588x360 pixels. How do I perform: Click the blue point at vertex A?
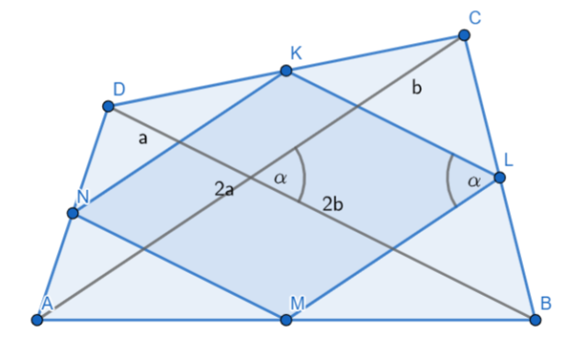pyautogui.click(x=37, y=320)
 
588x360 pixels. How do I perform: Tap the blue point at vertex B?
pyautogui.click(x=535, y=320)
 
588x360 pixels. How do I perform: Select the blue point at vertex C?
pyautogui.click(x=464, y=35)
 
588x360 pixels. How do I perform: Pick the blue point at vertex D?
pyautogui.click(x=108, y=107)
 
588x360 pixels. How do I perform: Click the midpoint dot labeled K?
pyautogui.click(x=286, y=71)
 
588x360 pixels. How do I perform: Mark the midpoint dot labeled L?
pyautogui.click(x=500, y=177)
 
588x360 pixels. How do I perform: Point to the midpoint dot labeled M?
pyautogui.click(x=286, y=320)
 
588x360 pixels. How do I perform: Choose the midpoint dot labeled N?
pyautogui.click(x=73, y=213)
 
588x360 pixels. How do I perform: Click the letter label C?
pyautogui.click(x=475, y=17)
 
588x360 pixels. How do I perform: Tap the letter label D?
pyautogui.click(x=119, y=89)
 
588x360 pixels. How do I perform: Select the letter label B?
pyautogui.click(x=546, y=303)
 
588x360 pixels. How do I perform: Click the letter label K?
pyautogui.click(x=296, y=53)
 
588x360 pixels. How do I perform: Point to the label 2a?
pyautogui.click(x=224, y=189)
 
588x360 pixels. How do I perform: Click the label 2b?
pyautogui.click(x=333, y=205)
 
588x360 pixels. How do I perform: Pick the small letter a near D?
pyautogui.click(x=143, y=139)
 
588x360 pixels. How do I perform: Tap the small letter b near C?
pyautogui.click(x=416, y=88)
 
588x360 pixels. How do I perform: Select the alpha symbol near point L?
pyautogui.click(x=474, y=182)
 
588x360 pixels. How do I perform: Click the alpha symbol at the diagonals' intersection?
pyautogui.click(x=280, y=178)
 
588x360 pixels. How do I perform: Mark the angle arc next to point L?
pyautogui.click(x=447, y=180)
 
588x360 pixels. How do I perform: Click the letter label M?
pyautogui.click(x=298, y=303)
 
